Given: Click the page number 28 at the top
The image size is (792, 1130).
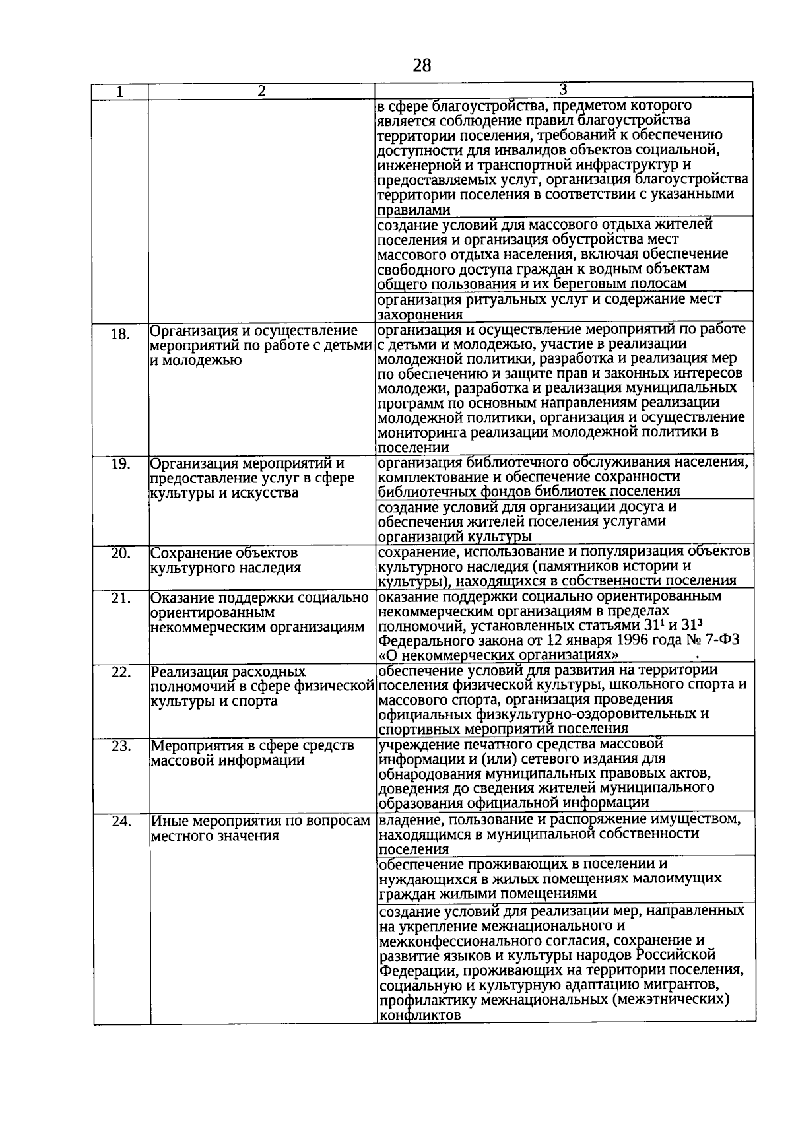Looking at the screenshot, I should tap(422, 65).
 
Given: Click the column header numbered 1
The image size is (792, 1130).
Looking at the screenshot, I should tap(120, 92).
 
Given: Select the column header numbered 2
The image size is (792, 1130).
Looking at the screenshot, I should tap(261, 92).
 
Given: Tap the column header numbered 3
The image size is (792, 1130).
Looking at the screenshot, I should tap(564, 90).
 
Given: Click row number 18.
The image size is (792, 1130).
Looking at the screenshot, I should tap(120, 334).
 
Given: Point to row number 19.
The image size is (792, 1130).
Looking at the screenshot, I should tap(120, 464).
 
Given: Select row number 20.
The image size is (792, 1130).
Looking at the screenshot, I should tap(120, 553).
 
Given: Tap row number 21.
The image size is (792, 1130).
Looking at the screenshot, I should tap(120, 598).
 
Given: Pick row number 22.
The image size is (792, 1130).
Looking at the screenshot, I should tap(120, 673).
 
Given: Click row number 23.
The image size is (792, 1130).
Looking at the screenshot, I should tap(120, 747).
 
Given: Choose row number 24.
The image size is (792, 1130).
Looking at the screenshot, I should tap(120, 822).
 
